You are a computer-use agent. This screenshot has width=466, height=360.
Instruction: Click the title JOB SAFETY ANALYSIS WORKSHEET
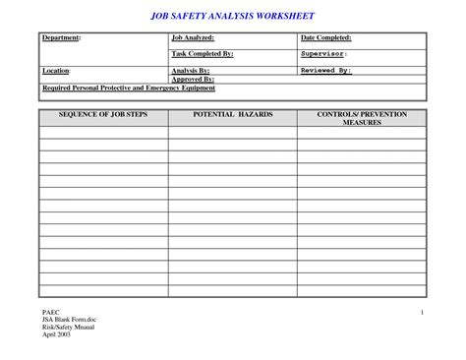coord(232,15)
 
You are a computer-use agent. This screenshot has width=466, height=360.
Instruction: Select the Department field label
coord(61,37)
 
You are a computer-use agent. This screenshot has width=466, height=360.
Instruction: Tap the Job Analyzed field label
coord(194,37)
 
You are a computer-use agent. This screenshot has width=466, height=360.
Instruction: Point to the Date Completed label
coord(326,37)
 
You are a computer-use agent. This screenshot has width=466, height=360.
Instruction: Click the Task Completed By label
coord(202,54)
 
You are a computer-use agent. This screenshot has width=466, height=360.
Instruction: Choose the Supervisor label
coord(323,54)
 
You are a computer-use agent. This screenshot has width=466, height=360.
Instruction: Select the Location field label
coord(56,71)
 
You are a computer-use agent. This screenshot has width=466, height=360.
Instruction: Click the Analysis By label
coord(191,71)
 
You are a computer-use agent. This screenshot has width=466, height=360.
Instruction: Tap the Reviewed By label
coord(325,71)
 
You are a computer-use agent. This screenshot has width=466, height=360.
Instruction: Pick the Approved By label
coord(194,79)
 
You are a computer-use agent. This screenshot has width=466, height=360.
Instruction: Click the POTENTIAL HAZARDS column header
coord(232,115)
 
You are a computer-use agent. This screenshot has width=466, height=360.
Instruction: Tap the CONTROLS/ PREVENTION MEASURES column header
coord(362,120)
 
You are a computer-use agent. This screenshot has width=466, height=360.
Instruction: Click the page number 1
coord(421,312)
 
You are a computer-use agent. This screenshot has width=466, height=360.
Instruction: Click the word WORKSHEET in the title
coord(286,15)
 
